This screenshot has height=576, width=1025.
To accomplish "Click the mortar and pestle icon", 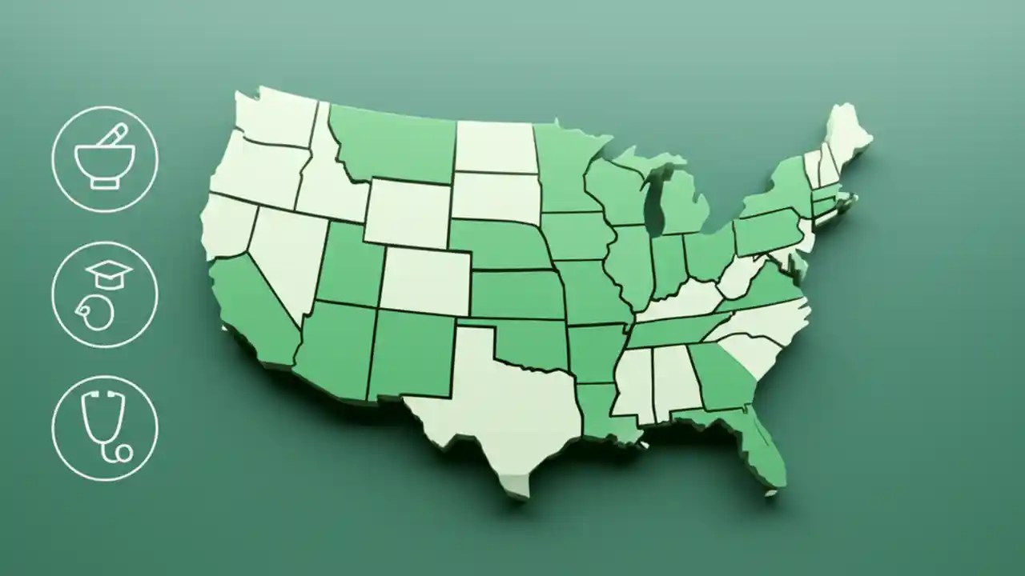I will click(105, 159).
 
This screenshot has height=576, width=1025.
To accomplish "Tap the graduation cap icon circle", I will click(105, 294).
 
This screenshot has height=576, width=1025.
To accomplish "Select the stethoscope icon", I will click(105, 429).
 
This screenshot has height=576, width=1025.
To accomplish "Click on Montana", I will click(392, 144).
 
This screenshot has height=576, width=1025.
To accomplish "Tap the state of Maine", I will click(845, 140).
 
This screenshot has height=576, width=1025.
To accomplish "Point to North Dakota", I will click(494, 146).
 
